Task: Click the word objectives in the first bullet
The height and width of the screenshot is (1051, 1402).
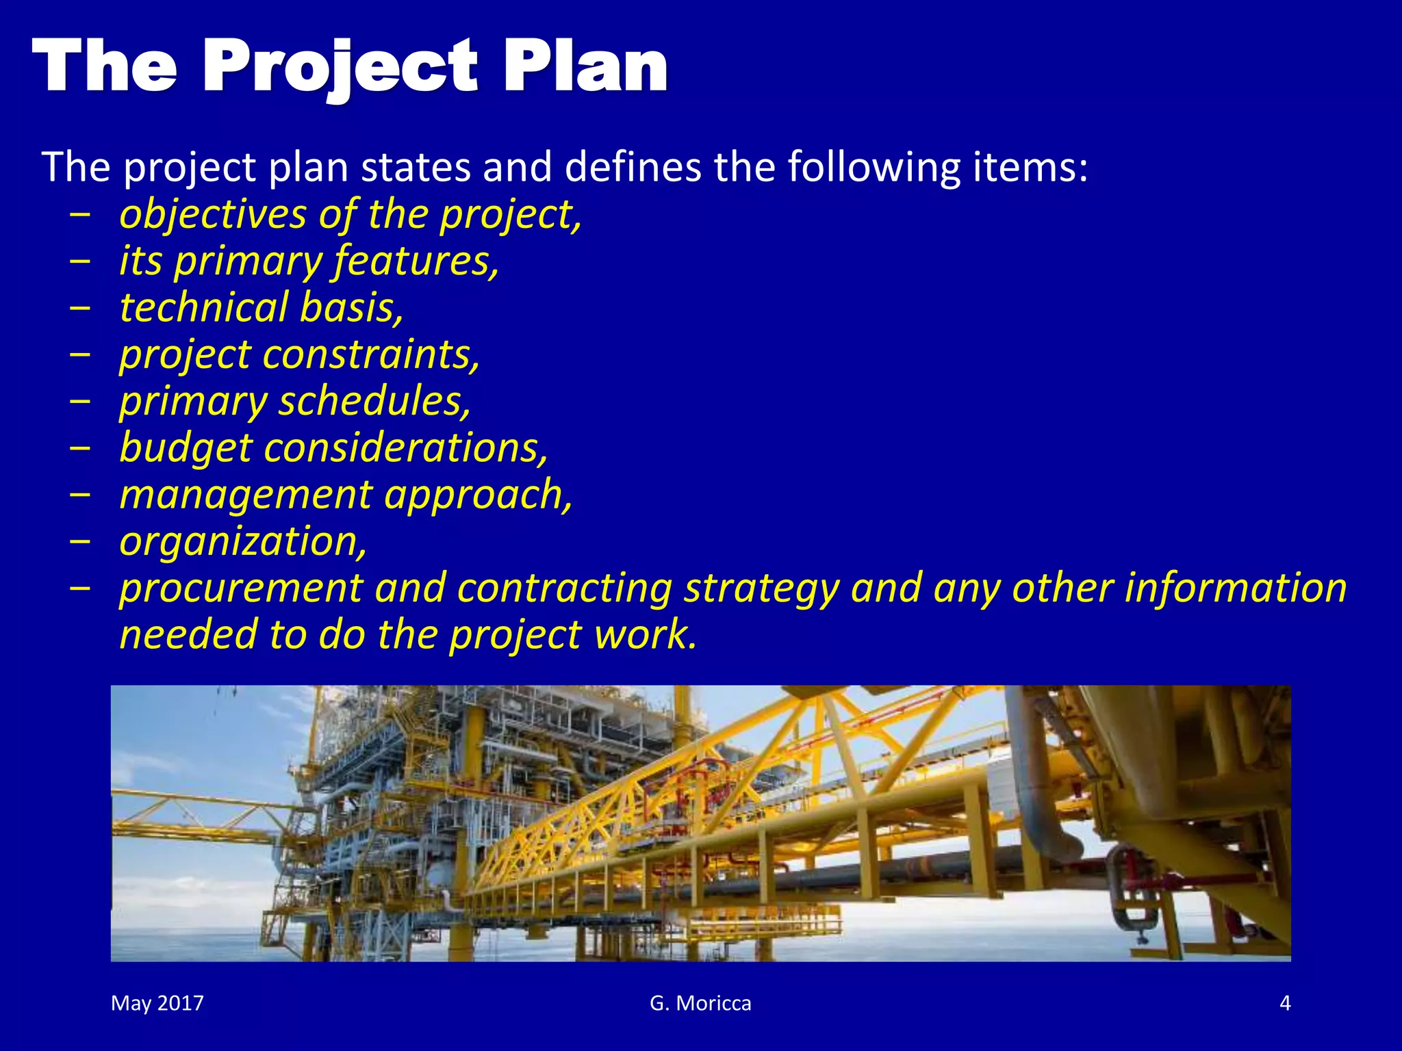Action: click(x=213, y=215)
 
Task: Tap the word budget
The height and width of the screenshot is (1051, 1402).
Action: click(x=186, y=448)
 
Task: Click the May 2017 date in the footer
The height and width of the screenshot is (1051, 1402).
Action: click(x=157, y=1003)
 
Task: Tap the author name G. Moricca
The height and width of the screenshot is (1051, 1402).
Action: click(x=700, y=1003)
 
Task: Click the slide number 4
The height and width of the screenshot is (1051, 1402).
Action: click(x=1285, y=1003)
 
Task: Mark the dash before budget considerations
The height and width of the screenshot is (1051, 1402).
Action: click(x=80, y=448)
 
